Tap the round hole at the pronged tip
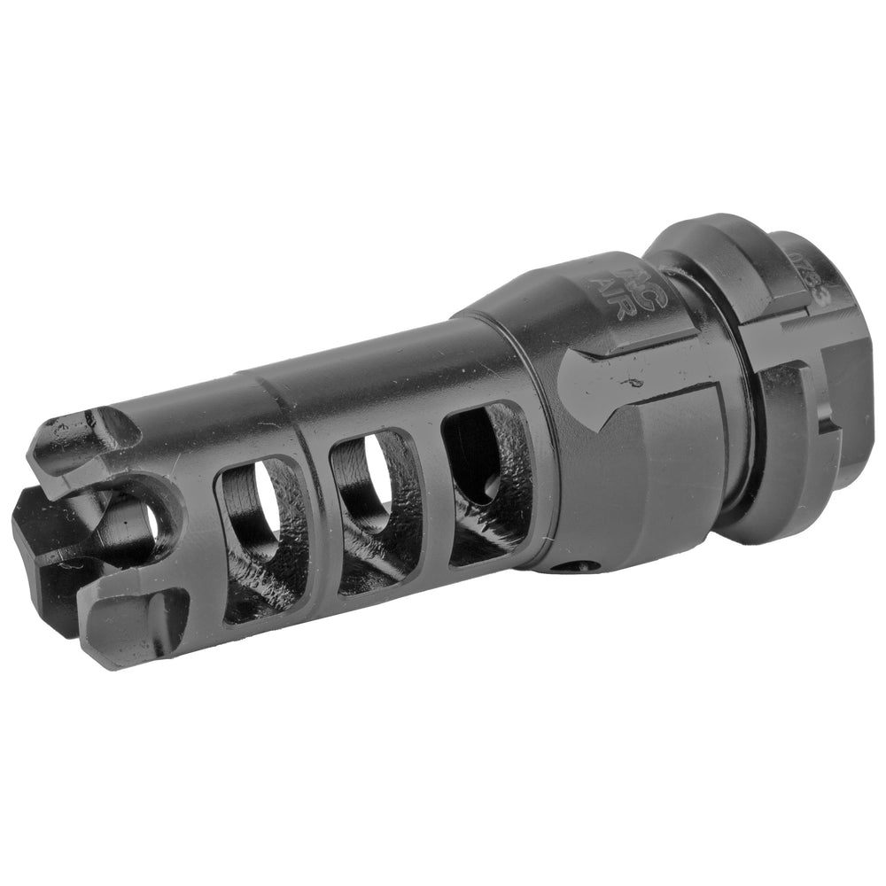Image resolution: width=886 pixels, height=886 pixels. pos(151,523)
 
